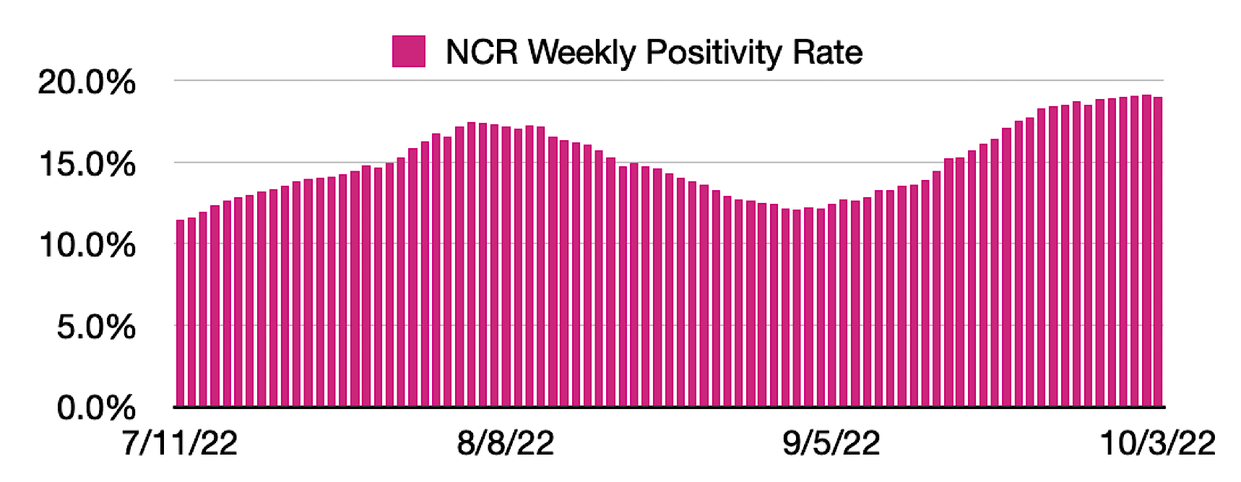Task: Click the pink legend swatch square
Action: (x=408, y=52)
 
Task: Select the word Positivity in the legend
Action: (x=714, y=52)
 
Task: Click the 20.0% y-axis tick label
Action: (x=87, y=82)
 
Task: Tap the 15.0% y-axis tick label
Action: (x=87, y=165)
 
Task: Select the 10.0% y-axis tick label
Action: (x=87, y=246)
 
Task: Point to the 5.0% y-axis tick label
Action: (x=96, y=327)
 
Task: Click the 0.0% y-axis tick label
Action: (x=96, y=408)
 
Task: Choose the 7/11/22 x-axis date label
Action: (x=180, y=442)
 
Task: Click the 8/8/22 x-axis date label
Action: (x=506, y=442)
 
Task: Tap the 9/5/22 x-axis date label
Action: (x=831, y=442)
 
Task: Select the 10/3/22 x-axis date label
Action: (x=1157, y=442)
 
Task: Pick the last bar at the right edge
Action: (x=1158, y=253)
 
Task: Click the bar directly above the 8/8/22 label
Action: (x=506, y=267)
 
